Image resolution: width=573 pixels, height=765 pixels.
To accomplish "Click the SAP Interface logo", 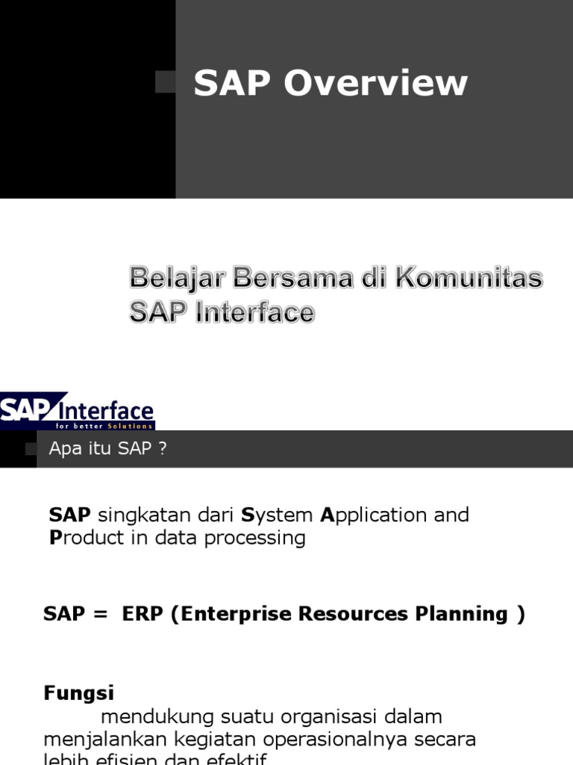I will click(77, 410).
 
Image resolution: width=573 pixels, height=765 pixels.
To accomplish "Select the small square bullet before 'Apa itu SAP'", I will click(31, 448).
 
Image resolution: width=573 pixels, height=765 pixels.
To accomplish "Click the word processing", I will click(261, 539).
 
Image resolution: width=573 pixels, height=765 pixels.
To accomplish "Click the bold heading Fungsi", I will click(78, 693).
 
